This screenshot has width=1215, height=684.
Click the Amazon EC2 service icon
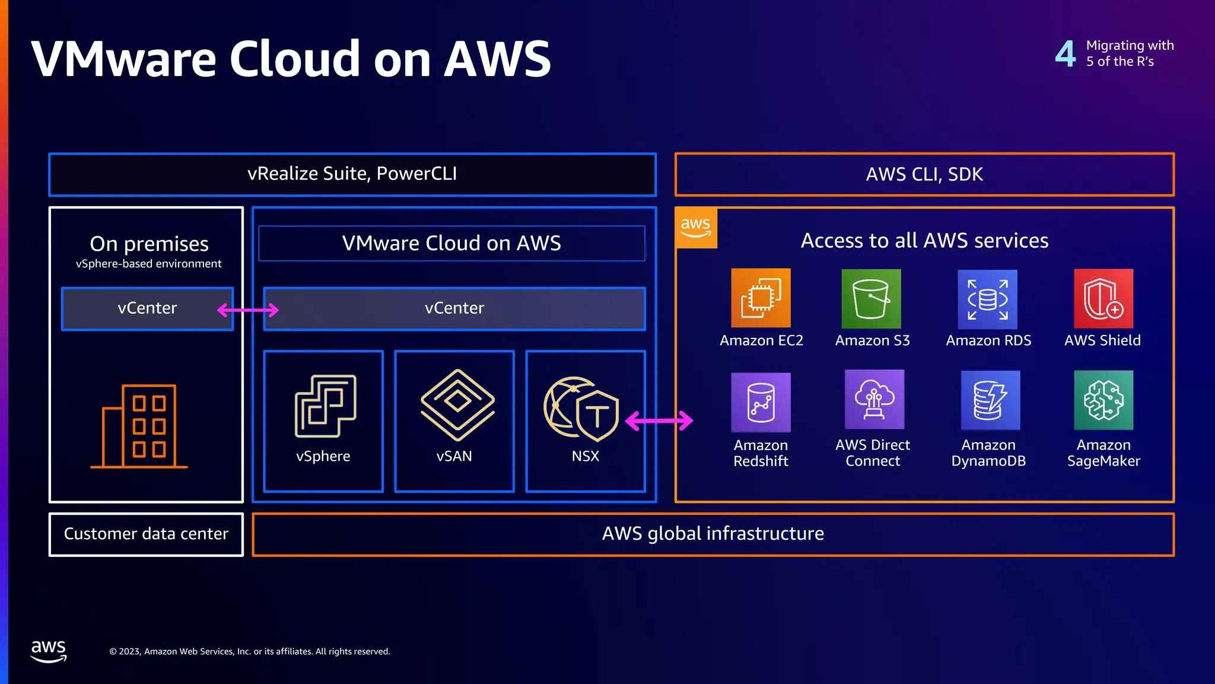(761, 298)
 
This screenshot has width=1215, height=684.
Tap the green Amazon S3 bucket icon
(871, 299)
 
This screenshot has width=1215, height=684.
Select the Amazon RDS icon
(987, 299)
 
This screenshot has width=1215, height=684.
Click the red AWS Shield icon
(1103, 299)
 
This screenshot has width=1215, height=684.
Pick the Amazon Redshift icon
(761, 402)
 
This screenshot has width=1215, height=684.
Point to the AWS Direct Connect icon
(874, 400)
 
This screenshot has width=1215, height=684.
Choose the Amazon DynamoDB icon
(990, 400)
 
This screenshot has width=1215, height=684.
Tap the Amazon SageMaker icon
(1103, 400)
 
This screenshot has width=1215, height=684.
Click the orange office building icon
(140, 426)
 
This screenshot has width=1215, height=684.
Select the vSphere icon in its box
(325, 406)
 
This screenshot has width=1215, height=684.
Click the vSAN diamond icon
(457, 405)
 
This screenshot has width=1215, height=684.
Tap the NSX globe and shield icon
(581, 408)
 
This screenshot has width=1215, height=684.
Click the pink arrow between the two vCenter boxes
(248, 309)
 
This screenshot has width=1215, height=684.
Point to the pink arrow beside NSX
(659, 420)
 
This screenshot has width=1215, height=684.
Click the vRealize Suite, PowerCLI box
(352, 174)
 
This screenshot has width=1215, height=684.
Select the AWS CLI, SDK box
(924, 175)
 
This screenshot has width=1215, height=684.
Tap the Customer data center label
(146, 534)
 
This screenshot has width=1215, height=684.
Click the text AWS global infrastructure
(713, 534)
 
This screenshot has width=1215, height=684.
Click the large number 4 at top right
(1065, 53)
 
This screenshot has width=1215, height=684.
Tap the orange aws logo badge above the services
(696, 228)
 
